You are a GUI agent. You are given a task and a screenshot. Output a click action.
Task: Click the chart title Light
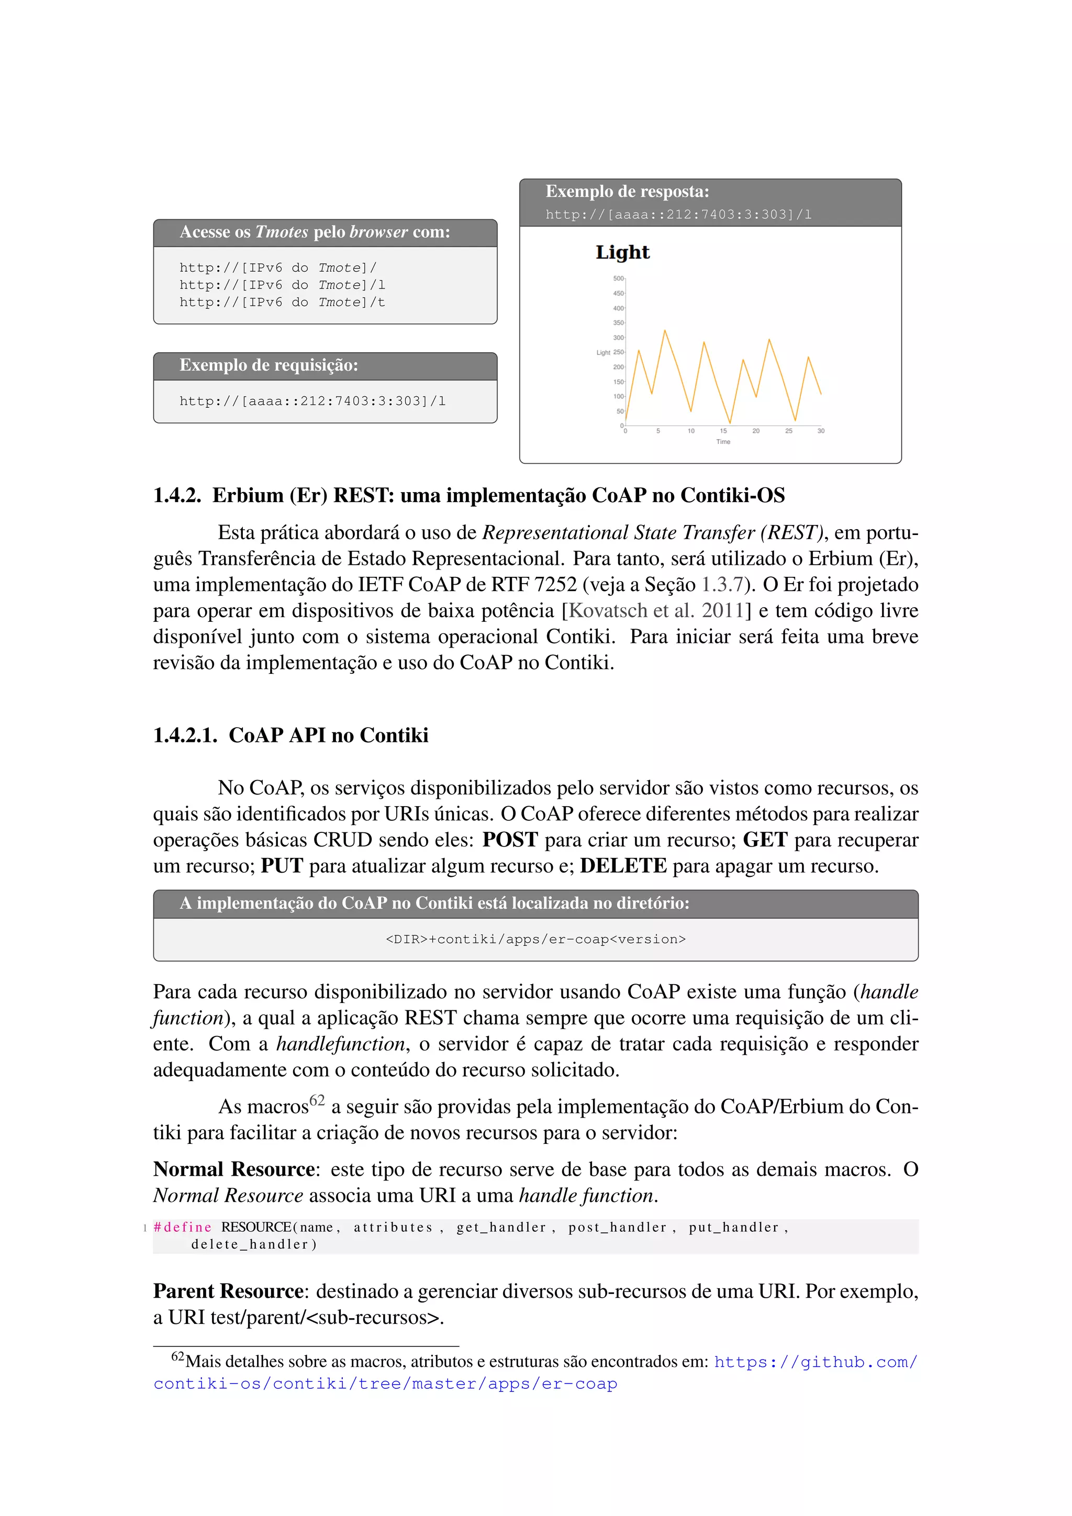click(622, 252)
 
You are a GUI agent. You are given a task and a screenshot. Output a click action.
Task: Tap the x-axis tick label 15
click(723, 430)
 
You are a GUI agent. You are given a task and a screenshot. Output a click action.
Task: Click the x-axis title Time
click(723, 442)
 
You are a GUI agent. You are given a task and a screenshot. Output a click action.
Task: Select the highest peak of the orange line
click(665, 331)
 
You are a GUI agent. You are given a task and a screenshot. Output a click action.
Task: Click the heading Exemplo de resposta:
click(627, 192)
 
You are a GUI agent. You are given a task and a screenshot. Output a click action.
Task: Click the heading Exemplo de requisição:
click(269, 365)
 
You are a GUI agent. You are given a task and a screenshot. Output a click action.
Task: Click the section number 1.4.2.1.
click(185, 735)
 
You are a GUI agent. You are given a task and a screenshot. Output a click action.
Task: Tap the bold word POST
click(510, 840)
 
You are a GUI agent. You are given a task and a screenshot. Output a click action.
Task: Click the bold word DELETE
click(622, 866)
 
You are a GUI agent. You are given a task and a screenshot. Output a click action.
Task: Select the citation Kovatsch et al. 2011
click(656, 610)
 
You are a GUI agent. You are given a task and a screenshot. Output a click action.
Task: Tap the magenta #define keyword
click(182, 1227)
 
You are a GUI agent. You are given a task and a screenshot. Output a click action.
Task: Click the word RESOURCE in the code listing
click(256, 1227)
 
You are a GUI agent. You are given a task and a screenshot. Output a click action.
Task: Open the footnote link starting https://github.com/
click(815, 1362)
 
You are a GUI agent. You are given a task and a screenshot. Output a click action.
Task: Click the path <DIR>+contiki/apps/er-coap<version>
click(535, 939)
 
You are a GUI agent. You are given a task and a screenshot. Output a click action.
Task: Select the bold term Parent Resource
click(228, 1291)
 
